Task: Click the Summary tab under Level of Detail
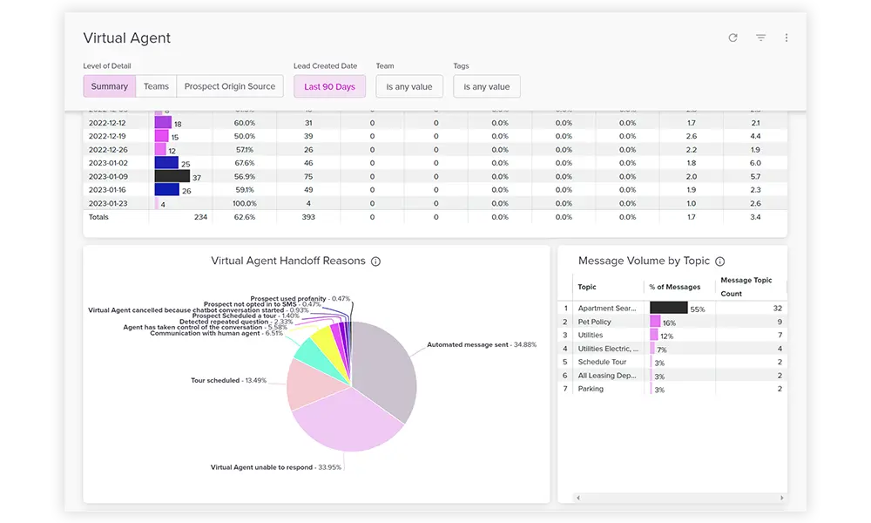point(110,86)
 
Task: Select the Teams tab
point(156,86)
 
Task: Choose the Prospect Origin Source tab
point(230,86)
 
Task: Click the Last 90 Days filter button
point(329,86)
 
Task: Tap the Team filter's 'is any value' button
point(409,86)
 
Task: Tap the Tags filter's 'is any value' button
point(487,86)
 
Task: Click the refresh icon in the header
point(733,38)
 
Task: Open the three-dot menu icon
point(787,38)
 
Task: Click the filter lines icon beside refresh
point(760,38)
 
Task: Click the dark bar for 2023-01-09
point(165,176)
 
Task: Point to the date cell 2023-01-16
point(108,189)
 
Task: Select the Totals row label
point(99,217)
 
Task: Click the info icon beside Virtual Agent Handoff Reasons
point(375,261)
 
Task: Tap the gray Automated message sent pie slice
point(383,366)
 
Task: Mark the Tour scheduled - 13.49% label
point(228,380)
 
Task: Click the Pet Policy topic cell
point(595,322)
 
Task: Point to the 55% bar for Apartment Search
point(668,308)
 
